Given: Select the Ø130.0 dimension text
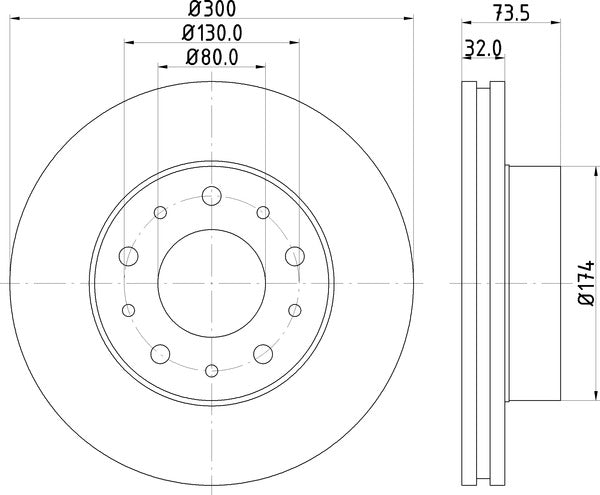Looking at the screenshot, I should coord(212,32).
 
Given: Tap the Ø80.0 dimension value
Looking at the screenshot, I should coord(212,57).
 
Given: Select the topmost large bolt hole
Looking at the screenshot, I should coord(211,195).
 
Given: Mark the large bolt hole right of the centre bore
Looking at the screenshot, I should coord(295,257).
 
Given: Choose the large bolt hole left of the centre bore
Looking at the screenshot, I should coord(127,257).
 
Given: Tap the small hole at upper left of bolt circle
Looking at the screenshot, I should coord(160,212).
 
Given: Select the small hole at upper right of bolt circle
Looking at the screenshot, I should coord(262,212).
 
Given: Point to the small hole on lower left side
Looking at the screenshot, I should coord(128,310).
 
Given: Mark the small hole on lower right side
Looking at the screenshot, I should coord(294,310).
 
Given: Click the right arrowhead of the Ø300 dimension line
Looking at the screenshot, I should coord(408,16).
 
